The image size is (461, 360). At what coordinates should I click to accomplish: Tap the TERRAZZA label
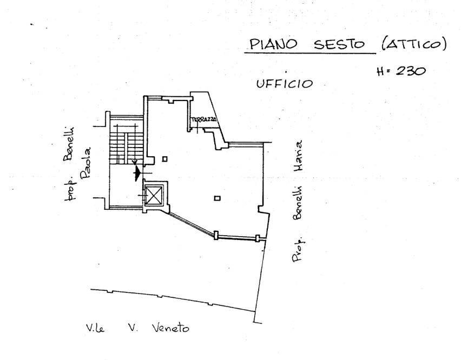(203, 119)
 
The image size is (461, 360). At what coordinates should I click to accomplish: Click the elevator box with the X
(154, 194)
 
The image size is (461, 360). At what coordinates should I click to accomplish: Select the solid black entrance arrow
(138, 171)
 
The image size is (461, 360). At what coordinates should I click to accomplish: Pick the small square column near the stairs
(165, 158)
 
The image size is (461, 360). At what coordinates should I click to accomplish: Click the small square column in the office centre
(217, 198)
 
